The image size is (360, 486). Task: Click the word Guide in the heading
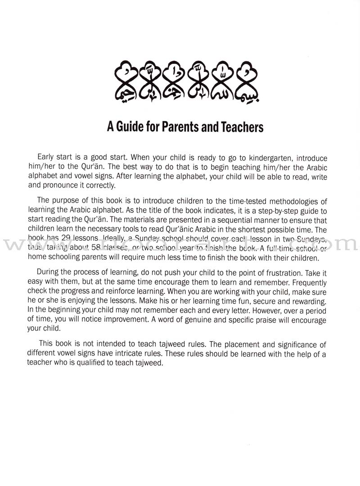135,127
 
